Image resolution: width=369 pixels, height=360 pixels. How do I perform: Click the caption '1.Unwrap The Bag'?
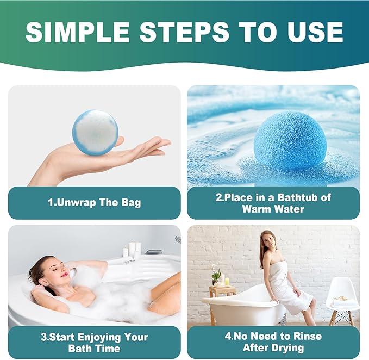point(94,203)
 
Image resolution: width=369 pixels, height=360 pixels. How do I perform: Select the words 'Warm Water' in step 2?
point(273,209)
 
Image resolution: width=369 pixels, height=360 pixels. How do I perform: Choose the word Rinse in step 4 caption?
point(306,337)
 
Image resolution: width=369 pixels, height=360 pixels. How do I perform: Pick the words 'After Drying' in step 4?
point(273,348)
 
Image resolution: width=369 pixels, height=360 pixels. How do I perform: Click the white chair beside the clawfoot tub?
point(342,299)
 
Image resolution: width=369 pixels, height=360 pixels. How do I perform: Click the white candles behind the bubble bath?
point(132,250)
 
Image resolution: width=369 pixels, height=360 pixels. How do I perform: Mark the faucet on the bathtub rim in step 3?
point(177,239)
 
